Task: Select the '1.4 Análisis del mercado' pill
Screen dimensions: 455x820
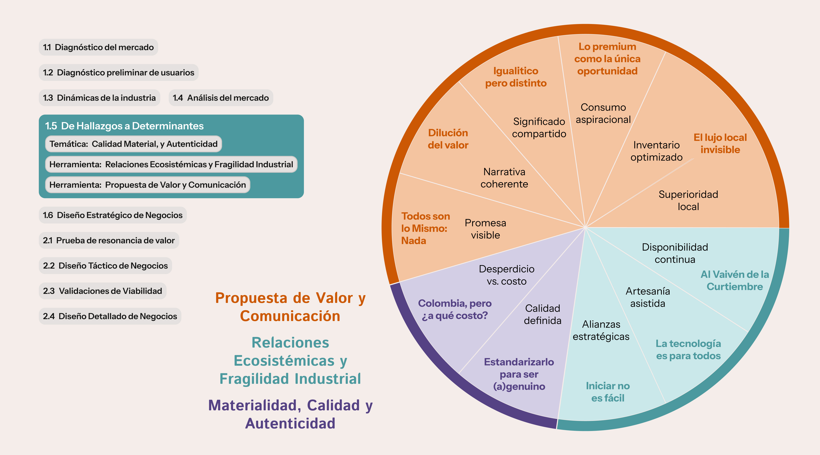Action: point(221,98)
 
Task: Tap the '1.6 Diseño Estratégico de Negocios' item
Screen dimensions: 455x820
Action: point(113,215)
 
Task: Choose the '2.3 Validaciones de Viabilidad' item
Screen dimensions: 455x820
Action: point(102,291)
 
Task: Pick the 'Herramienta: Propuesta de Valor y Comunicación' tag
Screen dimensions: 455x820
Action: point(147,185)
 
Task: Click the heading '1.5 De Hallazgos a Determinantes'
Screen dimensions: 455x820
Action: point(124,126)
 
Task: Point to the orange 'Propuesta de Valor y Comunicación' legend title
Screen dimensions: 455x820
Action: point(290,307)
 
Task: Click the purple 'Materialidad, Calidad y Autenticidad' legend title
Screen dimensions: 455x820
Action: point(290,414)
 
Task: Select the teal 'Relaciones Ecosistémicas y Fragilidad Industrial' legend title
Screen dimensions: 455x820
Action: point(290,361)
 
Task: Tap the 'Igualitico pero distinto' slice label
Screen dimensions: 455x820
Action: point(516,77)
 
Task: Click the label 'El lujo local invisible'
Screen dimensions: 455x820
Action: point(720,143)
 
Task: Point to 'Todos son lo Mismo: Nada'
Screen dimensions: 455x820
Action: point(425,228)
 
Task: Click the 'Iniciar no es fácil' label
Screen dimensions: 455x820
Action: point(608,392)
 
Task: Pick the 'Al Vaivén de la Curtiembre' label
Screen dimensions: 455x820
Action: point(735,280)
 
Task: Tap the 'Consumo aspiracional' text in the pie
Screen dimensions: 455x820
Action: point(603,114)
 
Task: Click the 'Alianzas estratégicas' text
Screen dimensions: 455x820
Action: point(601,330)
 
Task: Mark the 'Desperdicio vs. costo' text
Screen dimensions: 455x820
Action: point(506,275)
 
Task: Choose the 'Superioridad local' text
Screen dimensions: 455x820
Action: point(688,200)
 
